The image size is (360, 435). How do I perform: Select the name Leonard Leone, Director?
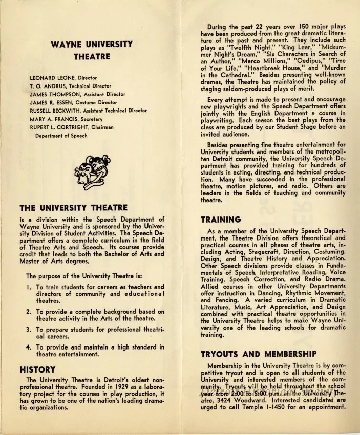click(63, 78)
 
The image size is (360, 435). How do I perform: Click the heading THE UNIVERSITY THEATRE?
click(73, 208)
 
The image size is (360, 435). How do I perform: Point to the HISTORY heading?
click(37, 369)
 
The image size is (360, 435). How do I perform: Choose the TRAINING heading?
click(220, 220)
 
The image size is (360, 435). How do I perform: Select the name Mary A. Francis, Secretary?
click(66, 119)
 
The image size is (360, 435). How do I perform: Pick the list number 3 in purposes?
click(29, 330)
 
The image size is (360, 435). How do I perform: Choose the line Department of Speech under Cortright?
click(61, 136)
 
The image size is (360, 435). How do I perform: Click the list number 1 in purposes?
click(29, 287)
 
